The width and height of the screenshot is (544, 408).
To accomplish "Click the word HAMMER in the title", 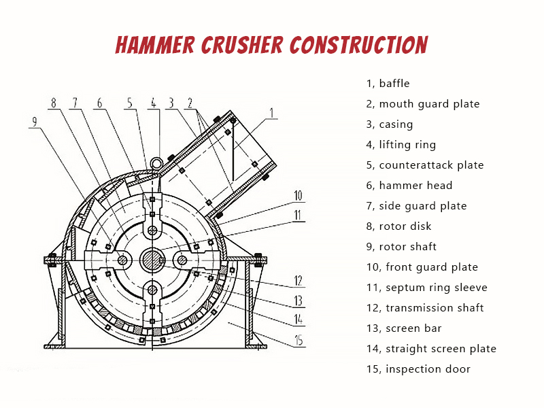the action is [x=155, y=45].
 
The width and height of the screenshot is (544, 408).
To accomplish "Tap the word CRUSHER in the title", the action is [x=242, y=45].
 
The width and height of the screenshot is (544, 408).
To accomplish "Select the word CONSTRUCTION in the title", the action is [x=359, y=45].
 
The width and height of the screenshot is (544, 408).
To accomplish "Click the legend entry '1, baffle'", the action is [x=388, y=84].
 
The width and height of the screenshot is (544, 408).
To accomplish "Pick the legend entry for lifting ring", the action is [x=401, y=145].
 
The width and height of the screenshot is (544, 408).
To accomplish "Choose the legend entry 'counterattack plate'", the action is [x=425, y=165].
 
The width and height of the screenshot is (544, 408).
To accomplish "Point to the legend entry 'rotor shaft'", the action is [x=401, y=247].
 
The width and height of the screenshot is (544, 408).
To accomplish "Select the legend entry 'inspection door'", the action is [x=418, y=369].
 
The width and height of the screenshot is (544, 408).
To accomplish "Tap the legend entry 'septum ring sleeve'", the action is [x=427, y=288].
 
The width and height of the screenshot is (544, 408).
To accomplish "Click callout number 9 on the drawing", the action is [x=35, y=122].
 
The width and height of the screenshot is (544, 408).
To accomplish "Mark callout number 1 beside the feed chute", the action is [x=271, y=113].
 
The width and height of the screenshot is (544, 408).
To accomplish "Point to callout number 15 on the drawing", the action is [x=299, y=341].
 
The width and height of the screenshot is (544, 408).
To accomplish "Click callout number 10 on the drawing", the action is [x=298, y=196].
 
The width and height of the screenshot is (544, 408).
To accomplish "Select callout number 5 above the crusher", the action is [x=130, y=103].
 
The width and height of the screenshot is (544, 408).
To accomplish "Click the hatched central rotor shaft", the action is [x=152, y=260].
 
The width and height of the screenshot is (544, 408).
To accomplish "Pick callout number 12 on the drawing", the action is [x=298, y=280].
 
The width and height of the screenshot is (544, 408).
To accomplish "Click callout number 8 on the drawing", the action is [x=54, y=103].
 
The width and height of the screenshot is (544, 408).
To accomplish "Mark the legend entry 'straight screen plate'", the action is [x=431, y=349].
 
